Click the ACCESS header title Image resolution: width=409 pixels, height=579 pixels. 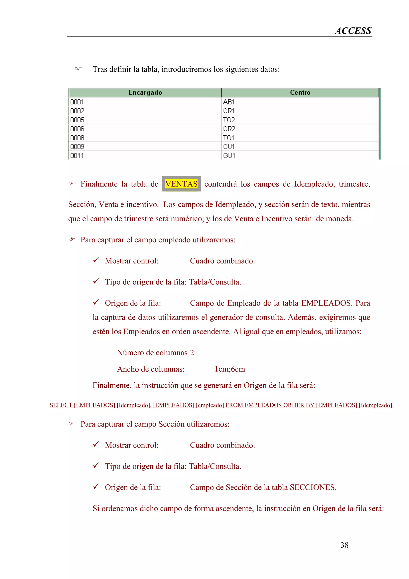353,31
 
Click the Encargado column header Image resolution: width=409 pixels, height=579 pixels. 145,93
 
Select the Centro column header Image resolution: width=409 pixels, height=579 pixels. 300,93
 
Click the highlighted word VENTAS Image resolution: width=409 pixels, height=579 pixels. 181,184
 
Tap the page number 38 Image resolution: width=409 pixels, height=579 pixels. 344,545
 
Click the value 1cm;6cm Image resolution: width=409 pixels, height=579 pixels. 230,369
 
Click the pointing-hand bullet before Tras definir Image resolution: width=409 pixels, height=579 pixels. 78,69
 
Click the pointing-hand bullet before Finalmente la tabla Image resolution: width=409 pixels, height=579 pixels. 72,183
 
